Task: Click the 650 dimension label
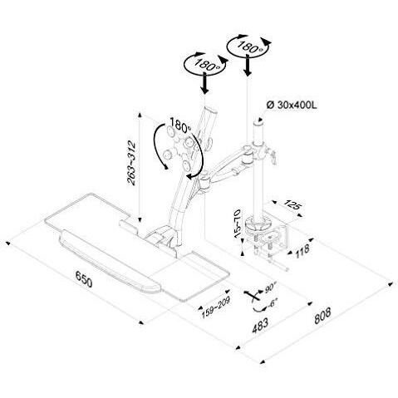click(x=84, y=279)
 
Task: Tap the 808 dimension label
click(x=322, y=316)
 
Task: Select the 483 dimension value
click(x=260, y=326)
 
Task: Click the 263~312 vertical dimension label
click(x=131, y=163)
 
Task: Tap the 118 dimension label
click(x=302, y=250)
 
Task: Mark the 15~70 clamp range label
click(x=237, y=224)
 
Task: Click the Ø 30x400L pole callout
click(x=292, y=105)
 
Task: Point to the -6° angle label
click(x=272, y=303)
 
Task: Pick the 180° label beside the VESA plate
click(x=180, y=125)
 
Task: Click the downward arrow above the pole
click(x=248, y=65)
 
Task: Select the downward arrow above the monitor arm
click(x=205, y=83)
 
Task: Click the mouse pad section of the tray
click(x=194, y=276)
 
